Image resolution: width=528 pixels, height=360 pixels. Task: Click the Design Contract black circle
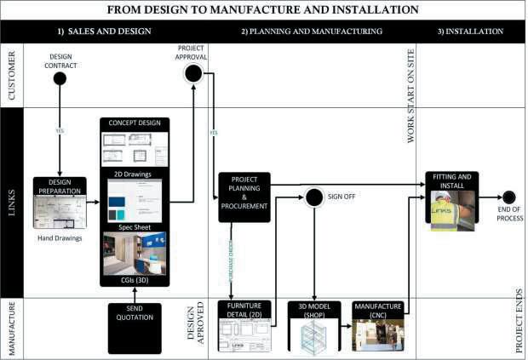60,79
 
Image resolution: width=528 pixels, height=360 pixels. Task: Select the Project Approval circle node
193,73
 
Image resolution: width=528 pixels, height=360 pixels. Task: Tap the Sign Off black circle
314,197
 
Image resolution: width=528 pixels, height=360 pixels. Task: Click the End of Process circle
508,197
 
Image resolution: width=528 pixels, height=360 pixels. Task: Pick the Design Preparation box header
60,186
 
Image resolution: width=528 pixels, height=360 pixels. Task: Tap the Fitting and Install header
452,181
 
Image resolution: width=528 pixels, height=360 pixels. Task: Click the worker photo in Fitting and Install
452,211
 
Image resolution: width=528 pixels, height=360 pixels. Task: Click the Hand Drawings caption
60,239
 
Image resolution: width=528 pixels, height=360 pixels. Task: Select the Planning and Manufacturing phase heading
311,31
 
